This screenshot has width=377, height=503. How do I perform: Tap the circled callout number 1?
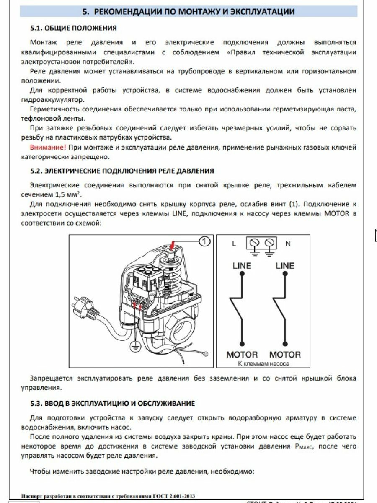[x=204, y=241]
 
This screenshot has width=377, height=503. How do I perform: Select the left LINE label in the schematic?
[x=242, y=266]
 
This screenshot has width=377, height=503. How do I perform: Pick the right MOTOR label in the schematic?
[x=285, y=354]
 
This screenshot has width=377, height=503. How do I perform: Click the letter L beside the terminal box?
[x=234, y=244]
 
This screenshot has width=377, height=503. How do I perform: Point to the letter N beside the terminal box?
[x=289, y=244]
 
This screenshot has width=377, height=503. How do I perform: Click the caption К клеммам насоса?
[x=263, y=363]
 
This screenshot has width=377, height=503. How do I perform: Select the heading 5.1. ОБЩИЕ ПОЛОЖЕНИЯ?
[x=73, y=29]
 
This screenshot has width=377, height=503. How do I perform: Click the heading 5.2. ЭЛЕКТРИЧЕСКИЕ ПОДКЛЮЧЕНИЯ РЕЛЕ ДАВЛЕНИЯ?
[x=122, y=171]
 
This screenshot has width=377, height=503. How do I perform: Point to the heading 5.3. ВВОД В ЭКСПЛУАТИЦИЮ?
[x=112, y=404]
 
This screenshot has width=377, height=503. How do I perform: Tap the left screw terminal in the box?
[x=254, y=243]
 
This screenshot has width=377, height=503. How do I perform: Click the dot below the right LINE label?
[x=285, y=274]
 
